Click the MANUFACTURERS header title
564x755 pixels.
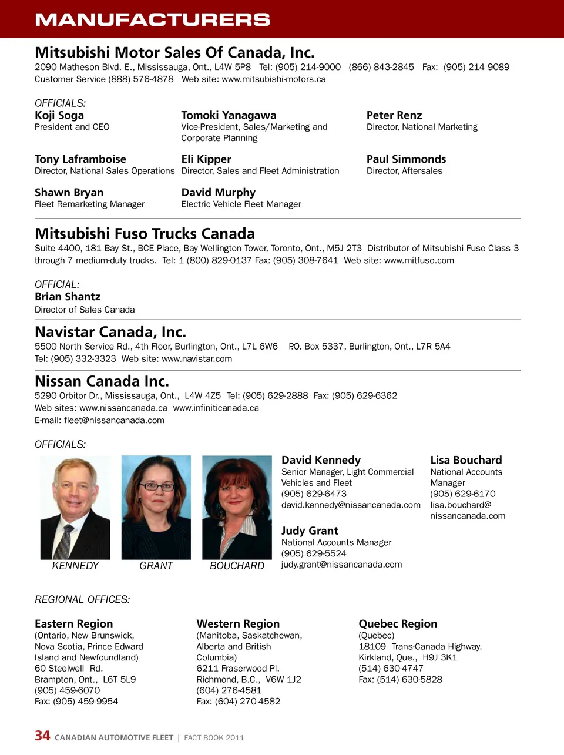click(152, 19)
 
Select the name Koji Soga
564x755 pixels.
click(59, 115)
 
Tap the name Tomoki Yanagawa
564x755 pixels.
click(229, 115)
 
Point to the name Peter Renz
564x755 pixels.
click(394, 115)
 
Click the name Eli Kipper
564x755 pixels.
click(206, 159)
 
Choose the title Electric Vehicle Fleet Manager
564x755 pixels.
click(241, 204)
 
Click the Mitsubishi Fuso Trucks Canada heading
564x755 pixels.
click(145, 234)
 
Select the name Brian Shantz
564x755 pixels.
click(68, 297)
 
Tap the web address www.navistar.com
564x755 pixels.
click(197, 359)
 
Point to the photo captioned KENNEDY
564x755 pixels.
click(75, 508)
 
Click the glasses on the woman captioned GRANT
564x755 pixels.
click(156, 486)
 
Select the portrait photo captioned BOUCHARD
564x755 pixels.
click(237, 508)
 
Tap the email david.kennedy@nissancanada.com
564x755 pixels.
click(351, 505)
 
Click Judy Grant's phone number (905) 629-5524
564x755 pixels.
click(314, 553)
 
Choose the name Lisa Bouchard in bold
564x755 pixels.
click(466, 460)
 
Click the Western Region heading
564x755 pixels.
click(238, 624)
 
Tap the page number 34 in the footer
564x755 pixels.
click(42, 736)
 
